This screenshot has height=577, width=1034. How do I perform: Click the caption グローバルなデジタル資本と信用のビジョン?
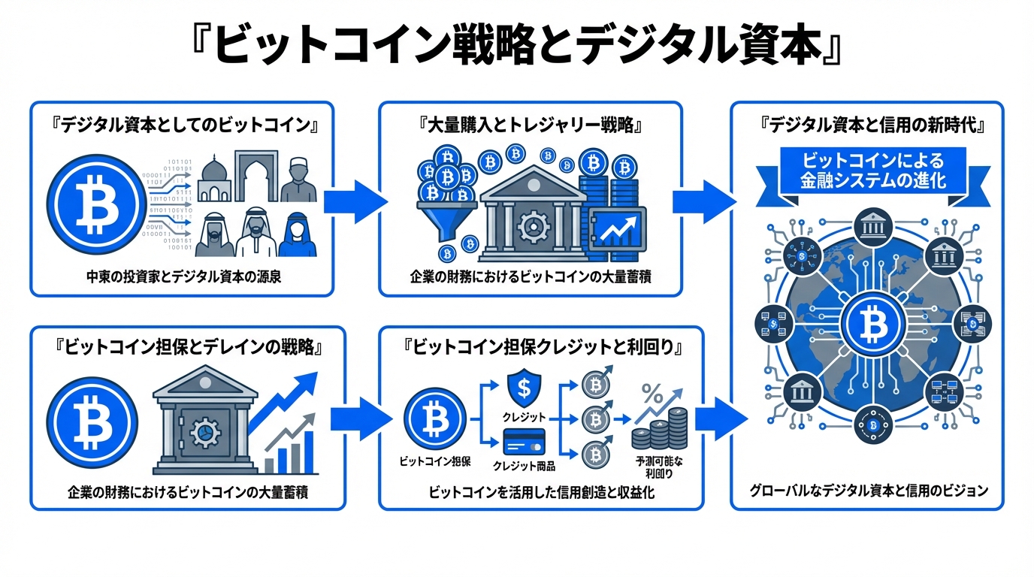(867, 491)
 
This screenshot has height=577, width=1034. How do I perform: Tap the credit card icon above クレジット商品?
(523, 442)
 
